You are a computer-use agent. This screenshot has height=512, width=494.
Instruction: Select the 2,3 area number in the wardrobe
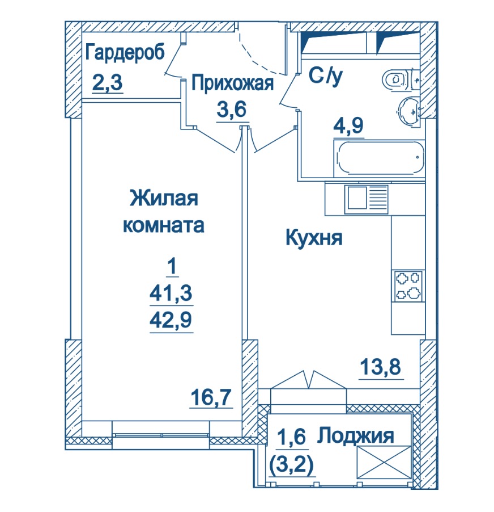point(107,82)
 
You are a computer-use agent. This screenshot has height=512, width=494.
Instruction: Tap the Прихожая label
point(232,83)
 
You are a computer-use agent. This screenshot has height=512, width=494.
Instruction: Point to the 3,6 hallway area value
point(231,109)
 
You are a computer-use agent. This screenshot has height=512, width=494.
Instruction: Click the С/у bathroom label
point(326,76)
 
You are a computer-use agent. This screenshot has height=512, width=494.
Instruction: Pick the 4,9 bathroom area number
point(348,125)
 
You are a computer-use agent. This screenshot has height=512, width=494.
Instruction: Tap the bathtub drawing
point(379,159)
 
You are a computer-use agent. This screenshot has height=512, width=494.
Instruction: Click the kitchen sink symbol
point(367,199)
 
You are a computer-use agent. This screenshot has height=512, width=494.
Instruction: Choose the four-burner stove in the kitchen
point(408,286)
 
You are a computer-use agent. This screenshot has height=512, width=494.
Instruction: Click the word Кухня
point(314,238)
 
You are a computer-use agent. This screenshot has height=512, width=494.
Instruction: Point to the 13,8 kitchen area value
point(380,367)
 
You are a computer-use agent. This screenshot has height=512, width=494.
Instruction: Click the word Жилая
point(164,199)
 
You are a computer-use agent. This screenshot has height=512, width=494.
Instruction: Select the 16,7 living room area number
point(211,397)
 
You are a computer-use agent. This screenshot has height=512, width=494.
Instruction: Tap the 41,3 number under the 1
point(171,293)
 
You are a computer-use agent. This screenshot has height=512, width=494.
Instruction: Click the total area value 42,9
point(171,320)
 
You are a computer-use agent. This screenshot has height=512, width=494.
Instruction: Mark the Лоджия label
point(356,435)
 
